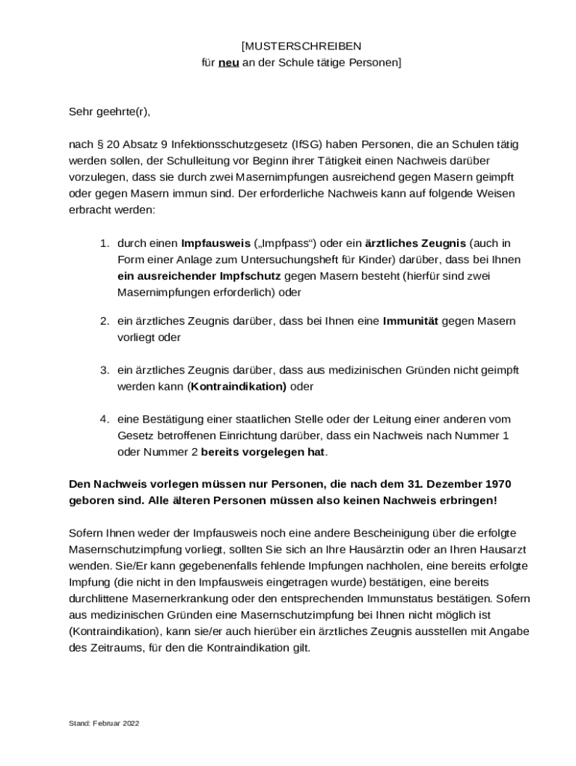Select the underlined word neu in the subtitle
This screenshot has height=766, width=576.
pos(228,63)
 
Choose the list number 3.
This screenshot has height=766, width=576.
pos(105,370)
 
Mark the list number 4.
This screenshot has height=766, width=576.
pos(105,419)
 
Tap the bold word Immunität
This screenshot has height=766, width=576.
pos(411,321)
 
